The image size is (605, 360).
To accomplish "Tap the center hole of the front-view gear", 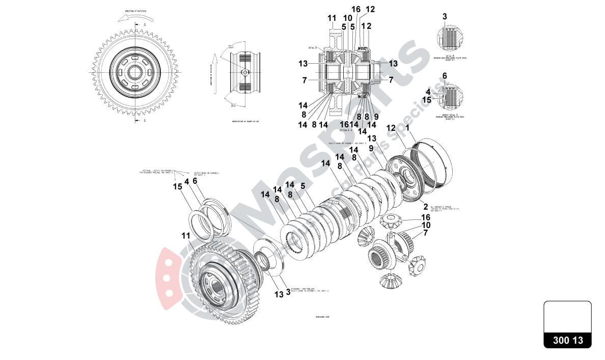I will click(135, 72).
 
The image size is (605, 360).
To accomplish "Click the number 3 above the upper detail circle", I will click(445, 16).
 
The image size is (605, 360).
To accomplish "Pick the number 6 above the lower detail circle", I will click(445, 76).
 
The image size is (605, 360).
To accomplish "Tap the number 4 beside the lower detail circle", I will click(428, 92).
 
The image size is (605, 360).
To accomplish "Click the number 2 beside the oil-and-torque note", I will click(425, 206).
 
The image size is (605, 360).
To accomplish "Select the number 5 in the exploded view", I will click(302, 186).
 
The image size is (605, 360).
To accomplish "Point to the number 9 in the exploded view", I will click(371, 148).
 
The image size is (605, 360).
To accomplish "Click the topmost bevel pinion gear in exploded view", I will click(391, 221).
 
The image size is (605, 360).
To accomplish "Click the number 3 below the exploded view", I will click(288, 292).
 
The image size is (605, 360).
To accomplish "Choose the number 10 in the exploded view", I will click(426, 225).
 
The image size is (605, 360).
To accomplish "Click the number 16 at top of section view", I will click(355, 9).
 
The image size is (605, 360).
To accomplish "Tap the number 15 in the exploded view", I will click(177, 186).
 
